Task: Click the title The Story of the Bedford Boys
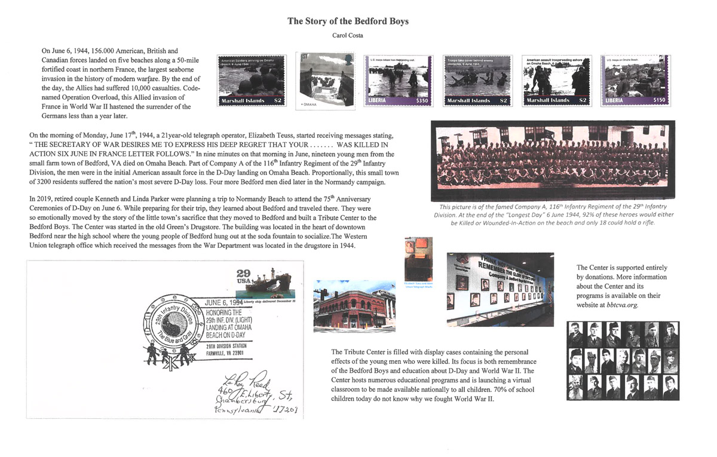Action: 348,22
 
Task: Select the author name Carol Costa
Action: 348,36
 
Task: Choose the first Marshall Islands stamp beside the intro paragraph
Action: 251,80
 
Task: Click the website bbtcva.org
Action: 618,305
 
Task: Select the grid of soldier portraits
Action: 621,361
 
